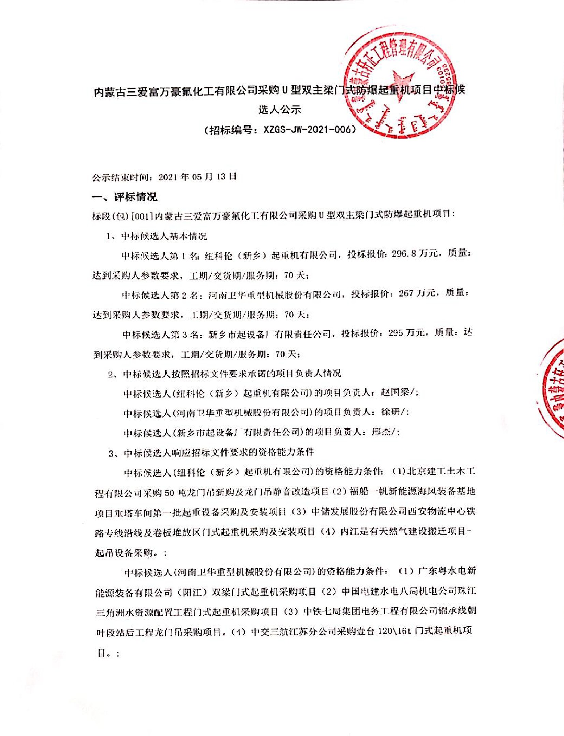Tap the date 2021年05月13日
(x=198, y=177)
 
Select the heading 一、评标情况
(x=125, y=197)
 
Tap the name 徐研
(x=391, y=412)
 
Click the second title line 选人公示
(x=279, y=110)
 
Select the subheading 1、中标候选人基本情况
(x=157, y=236)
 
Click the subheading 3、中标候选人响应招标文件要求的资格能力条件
(x=211, y=453)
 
